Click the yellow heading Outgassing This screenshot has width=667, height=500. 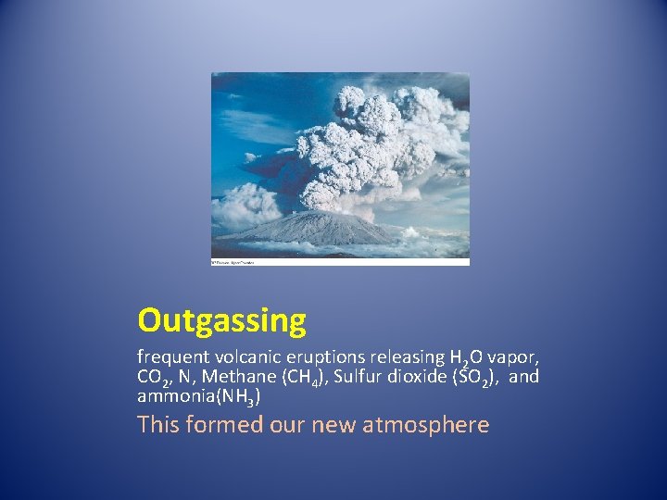221,320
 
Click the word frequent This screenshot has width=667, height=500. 168,356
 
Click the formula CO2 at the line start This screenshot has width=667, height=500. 154,377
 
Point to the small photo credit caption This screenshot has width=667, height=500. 233,262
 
